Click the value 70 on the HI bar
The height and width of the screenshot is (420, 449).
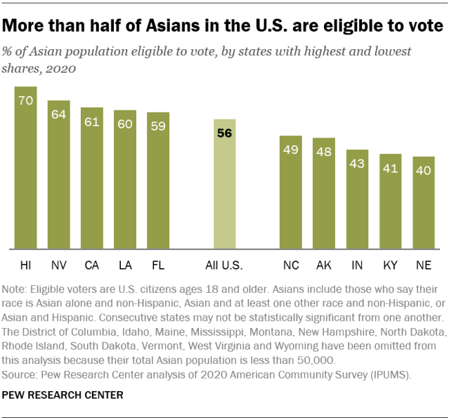tap(26, 100)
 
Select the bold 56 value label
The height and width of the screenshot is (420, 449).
tap(225, 133)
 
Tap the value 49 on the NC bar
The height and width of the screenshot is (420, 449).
tap(291, 149)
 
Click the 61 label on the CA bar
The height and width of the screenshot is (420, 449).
tap(92, 121)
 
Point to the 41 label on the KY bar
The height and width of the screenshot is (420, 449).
tap(390, 168)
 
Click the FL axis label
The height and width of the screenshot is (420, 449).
tap(158, 265)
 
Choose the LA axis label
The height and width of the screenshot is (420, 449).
tap(125, 265)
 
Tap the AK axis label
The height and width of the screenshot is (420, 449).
tap(324, 265)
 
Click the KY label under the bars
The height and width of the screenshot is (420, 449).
tap(390, 265)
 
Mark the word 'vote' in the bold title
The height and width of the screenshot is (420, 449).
tap(422, 27)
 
